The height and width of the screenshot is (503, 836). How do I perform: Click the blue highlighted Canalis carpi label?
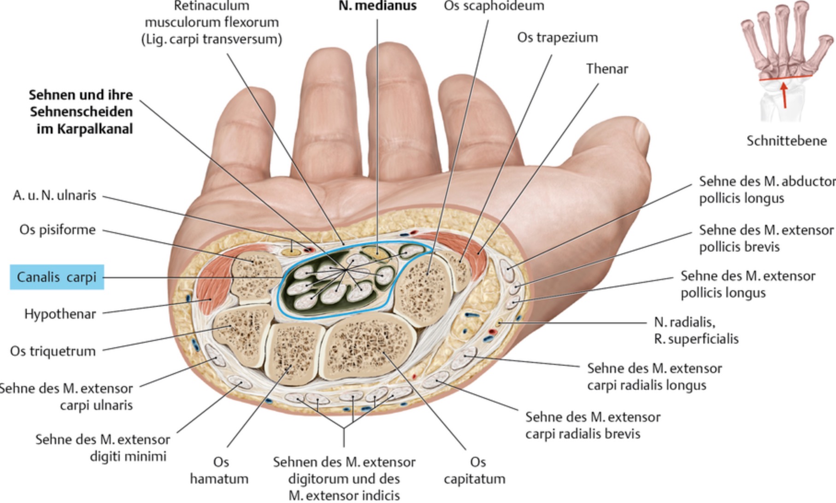click(57, 277)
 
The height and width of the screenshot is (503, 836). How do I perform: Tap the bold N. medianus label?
click(377, 6)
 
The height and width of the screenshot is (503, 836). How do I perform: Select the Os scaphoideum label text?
click(494, 6)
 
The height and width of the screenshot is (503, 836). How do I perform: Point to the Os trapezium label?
click(557, 37)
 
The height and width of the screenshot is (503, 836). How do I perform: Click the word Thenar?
click(607, 69)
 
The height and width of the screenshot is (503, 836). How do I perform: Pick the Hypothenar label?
click(60, 314)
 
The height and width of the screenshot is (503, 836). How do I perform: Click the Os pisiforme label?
click(57, 229)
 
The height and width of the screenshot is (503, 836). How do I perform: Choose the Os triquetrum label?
click(53, 351)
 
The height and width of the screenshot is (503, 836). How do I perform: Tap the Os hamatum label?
click(219, 470)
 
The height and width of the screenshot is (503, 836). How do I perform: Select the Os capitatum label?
click(475, 470)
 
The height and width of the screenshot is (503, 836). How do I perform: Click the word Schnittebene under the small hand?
click(787, 140)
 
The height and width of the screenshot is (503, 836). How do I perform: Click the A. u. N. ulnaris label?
click(54, 195)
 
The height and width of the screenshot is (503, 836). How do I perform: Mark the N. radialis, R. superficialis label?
click(696, 330)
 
